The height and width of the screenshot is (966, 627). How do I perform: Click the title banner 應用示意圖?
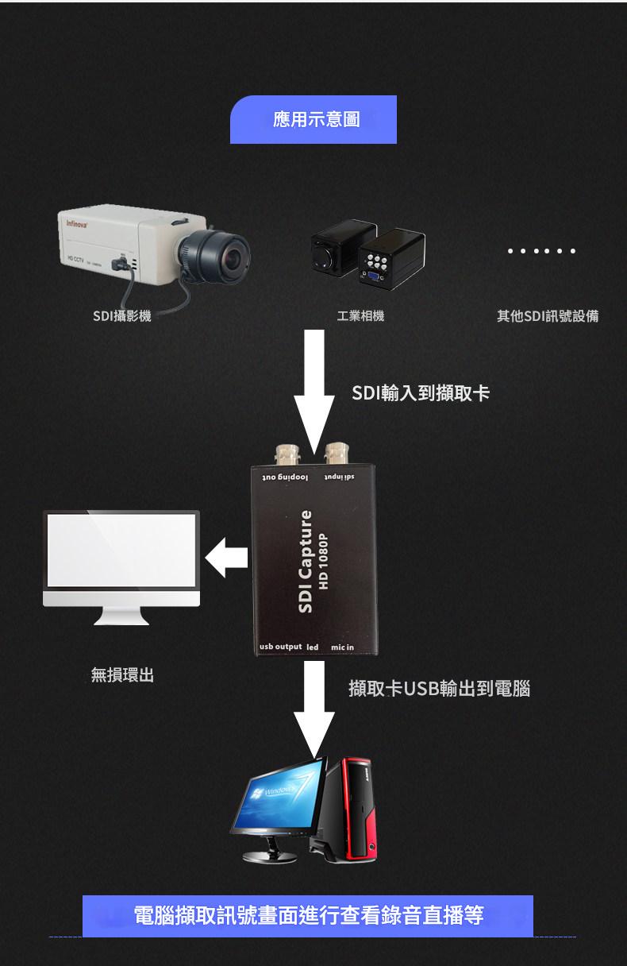(313, 120)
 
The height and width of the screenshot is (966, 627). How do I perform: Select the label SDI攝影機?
(121, 316)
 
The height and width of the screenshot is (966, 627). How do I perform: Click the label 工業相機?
(360, 316)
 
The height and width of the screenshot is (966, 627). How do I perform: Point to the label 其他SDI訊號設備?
(548, 316)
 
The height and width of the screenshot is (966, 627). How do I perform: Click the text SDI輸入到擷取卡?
(421, 393)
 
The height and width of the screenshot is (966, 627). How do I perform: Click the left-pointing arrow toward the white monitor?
(227, 555)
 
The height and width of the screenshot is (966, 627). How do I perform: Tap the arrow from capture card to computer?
(314, 707)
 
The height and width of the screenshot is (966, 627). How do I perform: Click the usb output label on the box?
(281, 647)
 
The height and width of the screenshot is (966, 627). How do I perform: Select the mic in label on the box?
(342, 647)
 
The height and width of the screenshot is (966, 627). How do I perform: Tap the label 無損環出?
(122, 675)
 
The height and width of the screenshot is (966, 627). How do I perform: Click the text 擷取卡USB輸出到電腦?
(439, 688)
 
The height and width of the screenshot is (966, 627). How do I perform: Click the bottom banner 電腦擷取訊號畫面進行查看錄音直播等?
(308, 915)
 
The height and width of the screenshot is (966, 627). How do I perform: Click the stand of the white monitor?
(121, 616)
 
